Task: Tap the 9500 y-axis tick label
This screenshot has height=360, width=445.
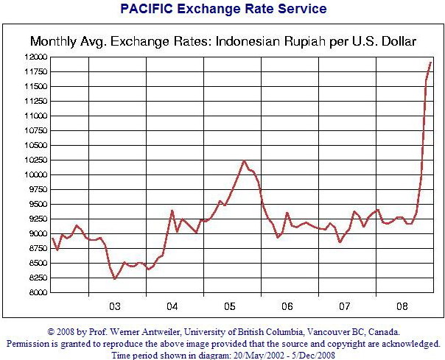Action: (x=38, y=205)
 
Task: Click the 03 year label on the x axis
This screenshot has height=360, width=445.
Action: (x=115, y=306)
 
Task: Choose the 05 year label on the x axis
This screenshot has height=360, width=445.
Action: (x=229, y=306)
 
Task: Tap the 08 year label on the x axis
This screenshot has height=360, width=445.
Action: (x=402, y=306)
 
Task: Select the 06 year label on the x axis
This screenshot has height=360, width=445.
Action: (x=287, y=306)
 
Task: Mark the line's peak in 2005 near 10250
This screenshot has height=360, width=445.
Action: (x=244, y=160)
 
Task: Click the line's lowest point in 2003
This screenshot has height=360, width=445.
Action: (x=115, y=278)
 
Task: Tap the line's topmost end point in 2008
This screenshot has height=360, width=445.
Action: (x=431, y=63)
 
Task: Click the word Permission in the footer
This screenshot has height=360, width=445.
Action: (x=31, y=343)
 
